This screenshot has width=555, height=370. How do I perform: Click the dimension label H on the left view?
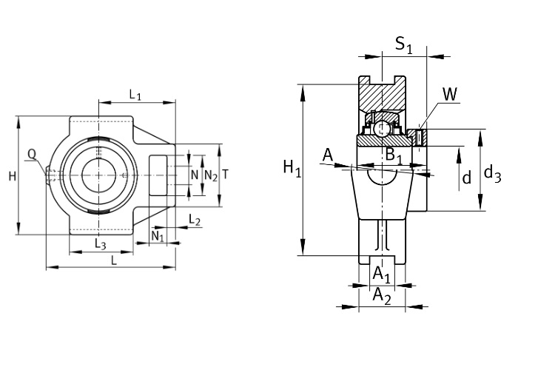[12, 176]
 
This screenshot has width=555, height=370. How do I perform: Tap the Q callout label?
[32, 154]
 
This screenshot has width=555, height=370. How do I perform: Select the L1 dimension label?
[135, 94]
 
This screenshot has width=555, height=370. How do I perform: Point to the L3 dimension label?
[101, 243]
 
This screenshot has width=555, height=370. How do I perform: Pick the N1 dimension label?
[158, 235]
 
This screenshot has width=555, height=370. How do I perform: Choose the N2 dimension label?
[211, 175]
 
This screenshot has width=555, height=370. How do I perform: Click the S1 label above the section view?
[404, 45]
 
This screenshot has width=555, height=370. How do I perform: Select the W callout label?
[450, 93]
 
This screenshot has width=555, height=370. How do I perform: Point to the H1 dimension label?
[292, 169]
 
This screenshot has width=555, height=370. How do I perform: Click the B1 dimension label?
[394, 156]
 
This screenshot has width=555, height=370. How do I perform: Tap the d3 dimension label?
[492, 175]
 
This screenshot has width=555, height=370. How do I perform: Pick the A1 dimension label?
[382, 275]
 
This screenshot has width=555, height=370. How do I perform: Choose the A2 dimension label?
[382, 296]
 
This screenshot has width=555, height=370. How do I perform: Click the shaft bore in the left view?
[98, 175]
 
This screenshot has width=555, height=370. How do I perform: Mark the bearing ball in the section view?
[383, 129]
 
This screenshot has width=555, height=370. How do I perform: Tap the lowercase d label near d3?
[466, 178]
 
